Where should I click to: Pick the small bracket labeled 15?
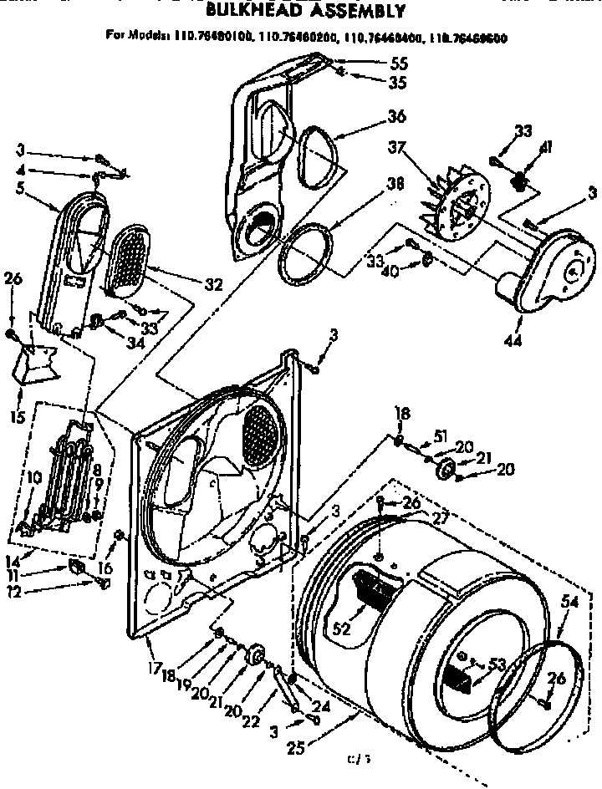pos(39,362)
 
